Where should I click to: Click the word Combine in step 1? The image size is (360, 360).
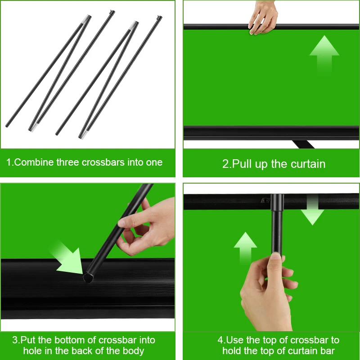click(x=34, y=162)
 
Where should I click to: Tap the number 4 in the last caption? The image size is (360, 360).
click(x=220, y=340)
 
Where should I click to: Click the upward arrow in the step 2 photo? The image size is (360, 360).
click(x=324, y=55)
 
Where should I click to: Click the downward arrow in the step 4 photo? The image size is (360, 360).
click(x=312, y=209)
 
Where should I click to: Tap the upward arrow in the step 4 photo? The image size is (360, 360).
click(x=245, y=248)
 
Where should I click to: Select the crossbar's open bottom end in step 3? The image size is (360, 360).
click(x=88, y=277)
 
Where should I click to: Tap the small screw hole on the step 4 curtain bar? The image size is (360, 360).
click(x=265, y=200)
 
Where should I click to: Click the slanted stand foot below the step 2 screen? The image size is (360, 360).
click(x=303, y=144)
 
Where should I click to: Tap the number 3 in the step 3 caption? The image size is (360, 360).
click(x=15, y=340)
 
